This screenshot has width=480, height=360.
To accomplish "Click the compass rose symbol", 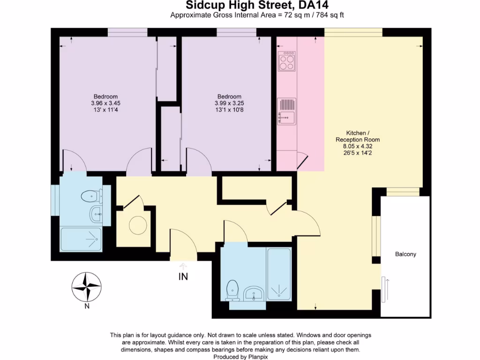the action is (87, 287).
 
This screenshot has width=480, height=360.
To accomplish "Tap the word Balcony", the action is (405, 254).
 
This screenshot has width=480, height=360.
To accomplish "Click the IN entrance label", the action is (183, 277).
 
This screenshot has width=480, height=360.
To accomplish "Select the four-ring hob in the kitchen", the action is (287, 61).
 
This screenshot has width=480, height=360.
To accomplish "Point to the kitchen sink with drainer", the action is (286, 112).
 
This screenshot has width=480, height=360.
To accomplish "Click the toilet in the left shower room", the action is (91, 196).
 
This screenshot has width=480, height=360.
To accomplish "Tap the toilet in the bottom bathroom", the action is (232, 291).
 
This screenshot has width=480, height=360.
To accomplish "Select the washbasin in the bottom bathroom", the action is (254, 293).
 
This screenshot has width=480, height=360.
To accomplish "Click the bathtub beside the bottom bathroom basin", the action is (279, 274).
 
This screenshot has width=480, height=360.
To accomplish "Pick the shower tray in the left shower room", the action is (81, 239).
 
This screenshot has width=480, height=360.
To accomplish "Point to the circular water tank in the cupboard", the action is (138, 225).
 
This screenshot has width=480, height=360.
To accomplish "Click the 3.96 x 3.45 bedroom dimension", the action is (105, 103).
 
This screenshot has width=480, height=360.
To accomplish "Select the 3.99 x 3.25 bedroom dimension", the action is (229, 103).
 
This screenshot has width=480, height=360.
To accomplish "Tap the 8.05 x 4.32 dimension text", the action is (358, 146).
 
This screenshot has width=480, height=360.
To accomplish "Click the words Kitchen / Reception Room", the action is (358, 136).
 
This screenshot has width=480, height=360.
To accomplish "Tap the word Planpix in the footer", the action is (257, 357).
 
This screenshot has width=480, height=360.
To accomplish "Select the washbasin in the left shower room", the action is (96, 214).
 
